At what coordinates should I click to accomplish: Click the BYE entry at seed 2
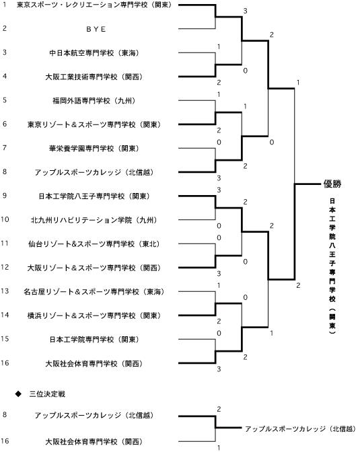96,29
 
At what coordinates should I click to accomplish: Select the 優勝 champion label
332,184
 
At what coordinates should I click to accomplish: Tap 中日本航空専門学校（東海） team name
94,53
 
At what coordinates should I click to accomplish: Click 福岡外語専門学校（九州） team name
94,101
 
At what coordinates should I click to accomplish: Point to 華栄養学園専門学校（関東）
94,149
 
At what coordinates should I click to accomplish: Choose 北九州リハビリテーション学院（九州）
94,220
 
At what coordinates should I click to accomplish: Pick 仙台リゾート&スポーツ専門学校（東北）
94,244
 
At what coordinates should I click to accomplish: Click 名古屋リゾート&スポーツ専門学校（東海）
94,292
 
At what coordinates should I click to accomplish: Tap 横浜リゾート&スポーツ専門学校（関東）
94,315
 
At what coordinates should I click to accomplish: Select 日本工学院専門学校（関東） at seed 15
94,340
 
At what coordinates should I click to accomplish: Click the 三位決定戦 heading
47,394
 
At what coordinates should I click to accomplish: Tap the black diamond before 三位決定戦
18,394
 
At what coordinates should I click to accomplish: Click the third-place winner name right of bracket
300,429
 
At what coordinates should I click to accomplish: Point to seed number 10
5,219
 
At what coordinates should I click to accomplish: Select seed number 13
5,291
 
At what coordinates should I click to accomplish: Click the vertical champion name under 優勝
332,266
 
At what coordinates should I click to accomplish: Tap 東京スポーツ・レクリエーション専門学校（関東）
94,5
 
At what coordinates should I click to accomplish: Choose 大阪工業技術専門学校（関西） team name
94,77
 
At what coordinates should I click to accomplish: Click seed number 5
5,100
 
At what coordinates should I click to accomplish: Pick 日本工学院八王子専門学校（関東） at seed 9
94,196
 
